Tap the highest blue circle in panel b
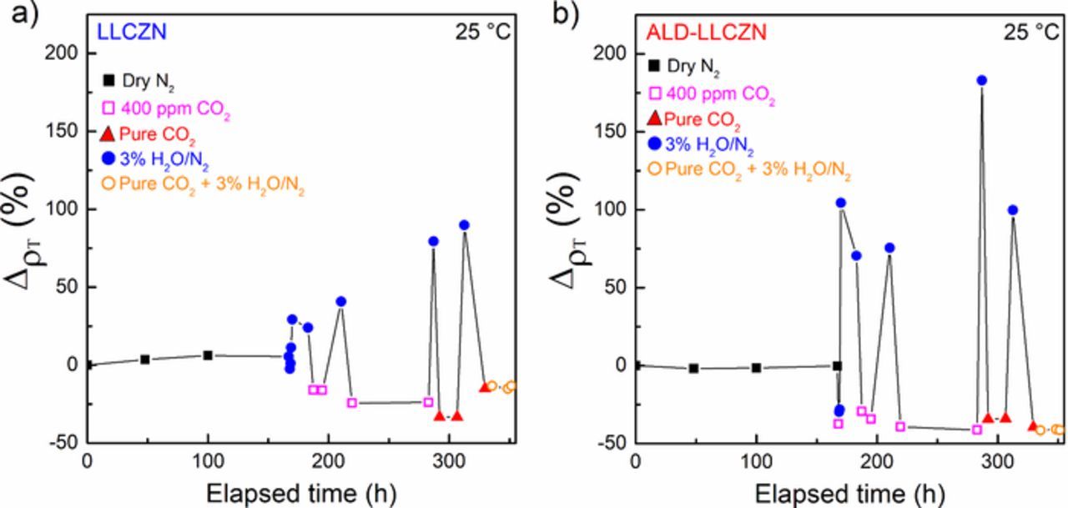pyautogui.click(x=982, y=81)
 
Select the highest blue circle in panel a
pyautogui.click(x=464, y=225)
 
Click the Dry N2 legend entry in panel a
pyautogui.click(x=140, y=81)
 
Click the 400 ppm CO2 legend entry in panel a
pyautogui.click(x=165, y=107)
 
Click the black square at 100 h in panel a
pyautogui.click(x=208, y=355)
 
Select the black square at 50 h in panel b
pyautogui.click(x=693, y=368)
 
